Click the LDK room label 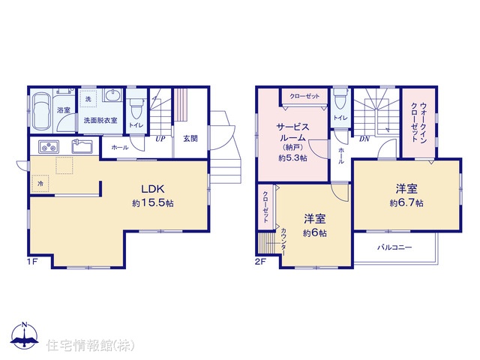[152, 189]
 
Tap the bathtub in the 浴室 [41, 112]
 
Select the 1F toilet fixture [136, 108]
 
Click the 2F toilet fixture [340, 98]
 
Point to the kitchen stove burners [49, 147]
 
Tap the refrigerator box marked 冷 [40, 184]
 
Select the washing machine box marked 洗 [88, 98]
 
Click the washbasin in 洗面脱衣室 [112, 95]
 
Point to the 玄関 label [190, 138]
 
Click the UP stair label [160, 139]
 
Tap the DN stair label [364, 139]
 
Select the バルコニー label [394, 247]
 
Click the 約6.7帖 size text [406, 203]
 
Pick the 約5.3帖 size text [293, 158]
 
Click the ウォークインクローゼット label [418, 122]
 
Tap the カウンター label [283, 241]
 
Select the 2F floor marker [260, 262]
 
